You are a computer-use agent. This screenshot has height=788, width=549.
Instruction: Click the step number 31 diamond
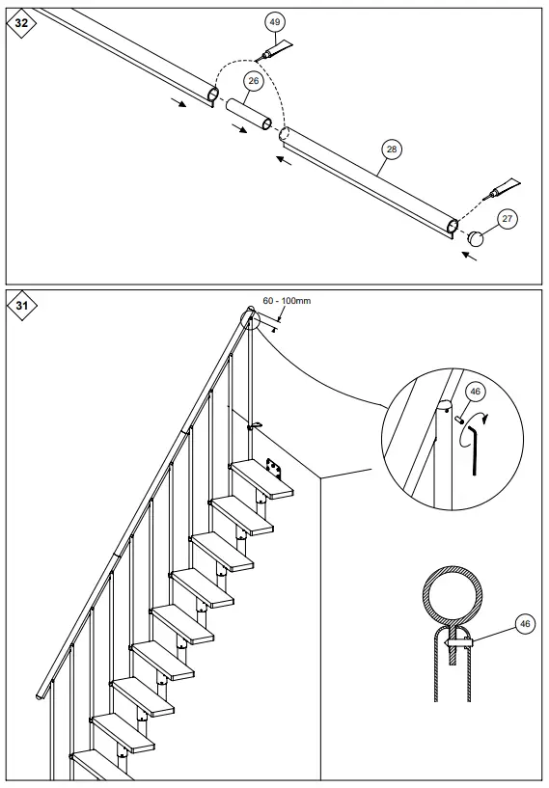[21, 306]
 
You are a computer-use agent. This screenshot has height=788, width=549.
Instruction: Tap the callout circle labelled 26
[253, 82]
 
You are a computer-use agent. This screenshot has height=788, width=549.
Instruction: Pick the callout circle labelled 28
[391, 149]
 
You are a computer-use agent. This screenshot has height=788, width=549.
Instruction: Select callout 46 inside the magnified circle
[474, 392]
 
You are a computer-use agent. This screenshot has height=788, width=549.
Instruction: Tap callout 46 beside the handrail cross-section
[524, 624]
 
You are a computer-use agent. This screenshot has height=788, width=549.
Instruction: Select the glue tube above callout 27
[505, 186]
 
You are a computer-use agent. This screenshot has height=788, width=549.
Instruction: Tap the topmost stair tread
[262, 479]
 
